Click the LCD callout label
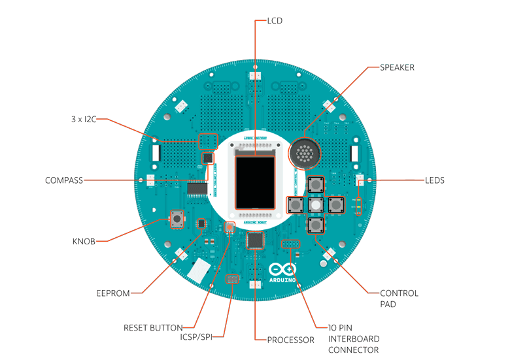(x=275, y=20)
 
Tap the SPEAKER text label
(x=397, y=67)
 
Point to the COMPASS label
(x=63, y=180)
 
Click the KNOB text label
(x=83, y=242)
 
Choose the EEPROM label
(x=112, y=293)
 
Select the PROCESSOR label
(x=290, y=340)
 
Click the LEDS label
(x=434, y=180)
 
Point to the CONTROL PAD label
(x=399, y=299)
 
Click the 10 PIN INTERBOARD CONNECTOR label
(x=354, y=338)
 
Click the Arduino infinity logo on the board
(x=282, y=269)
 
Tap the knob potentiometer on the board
(x=177, y=220)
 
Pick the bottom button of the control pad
(x=316, y=225)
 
